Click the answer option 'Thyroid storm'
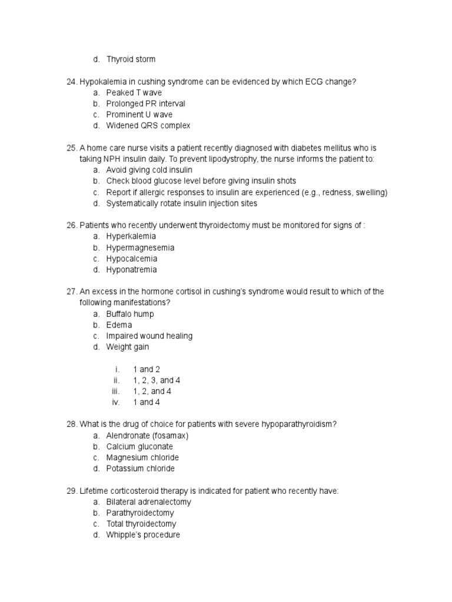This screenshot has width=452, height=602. point(131,59)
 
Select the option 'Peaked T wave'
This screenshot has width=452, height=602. point(134,93)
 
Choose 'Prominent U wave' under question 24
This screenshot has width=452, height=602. point(139,115)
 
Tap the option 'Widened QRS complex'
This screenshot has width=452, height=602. point(148,126)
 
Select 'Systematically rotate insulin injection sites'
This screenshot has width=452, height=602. point(181,203)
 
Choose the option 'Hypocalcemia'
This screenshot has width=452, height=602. point(131,259)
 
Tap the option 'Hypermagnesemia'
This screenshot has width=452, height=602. point(140,248)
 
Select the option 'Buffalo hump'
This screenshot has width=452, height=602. point(129,314)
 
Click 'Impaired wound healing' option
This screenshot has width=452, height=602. point(149,336)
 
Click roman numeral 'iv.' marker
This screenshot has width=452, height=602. point(115,403)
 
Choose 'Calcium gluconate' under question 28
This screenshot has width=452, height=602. point(139,447)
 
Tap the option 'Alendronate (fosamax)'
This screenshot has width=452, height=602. point(147,436)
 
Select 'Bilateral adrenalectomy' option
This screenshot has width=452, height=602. point(148,502)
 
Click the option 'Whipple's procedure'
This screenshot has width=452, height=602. point(143,535)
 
